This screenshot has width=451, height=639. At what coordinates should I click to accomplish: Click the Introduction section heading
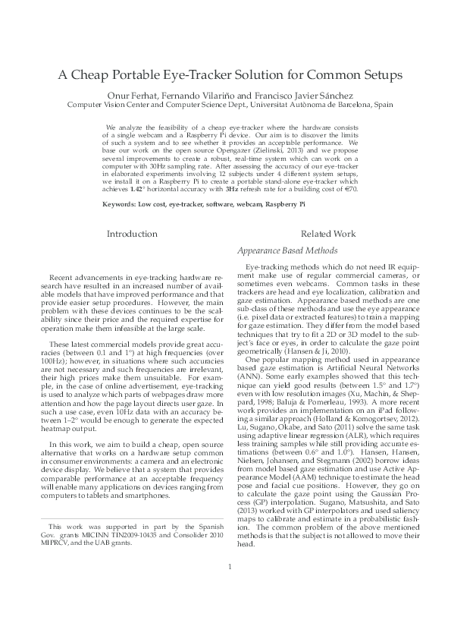point(132,235)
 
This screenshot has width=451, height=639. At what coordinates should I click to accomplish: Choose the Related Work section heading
point(327,235)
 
